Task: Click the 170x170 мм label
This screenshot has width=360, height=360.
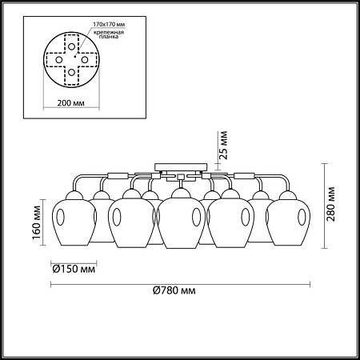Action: [x=109, y=24]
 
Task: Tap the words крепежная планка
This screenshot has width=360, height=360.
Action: [x=109, y=34]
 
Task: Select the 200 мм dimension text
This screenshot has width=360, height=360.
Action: [x=71, y=103]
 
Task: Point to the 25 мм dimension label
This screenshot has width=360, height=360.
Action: [x=224, y=146]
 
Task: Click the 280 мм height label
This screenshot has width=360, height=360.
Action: [x=330, y=204]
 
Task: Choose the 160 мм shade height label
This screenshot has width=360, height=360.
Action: [x=37, y=222]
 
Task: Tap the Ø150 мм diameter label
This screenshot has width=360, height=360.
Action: [x=74, y=269]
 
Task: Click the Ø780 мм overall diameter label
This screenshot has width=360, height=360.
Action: [x=174, y=290]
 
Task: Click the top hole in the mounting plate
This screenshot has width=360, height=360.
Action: [x=71, y=46]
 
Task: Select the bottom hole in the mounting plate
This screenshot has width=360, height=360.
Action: [x=71, y=72]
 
